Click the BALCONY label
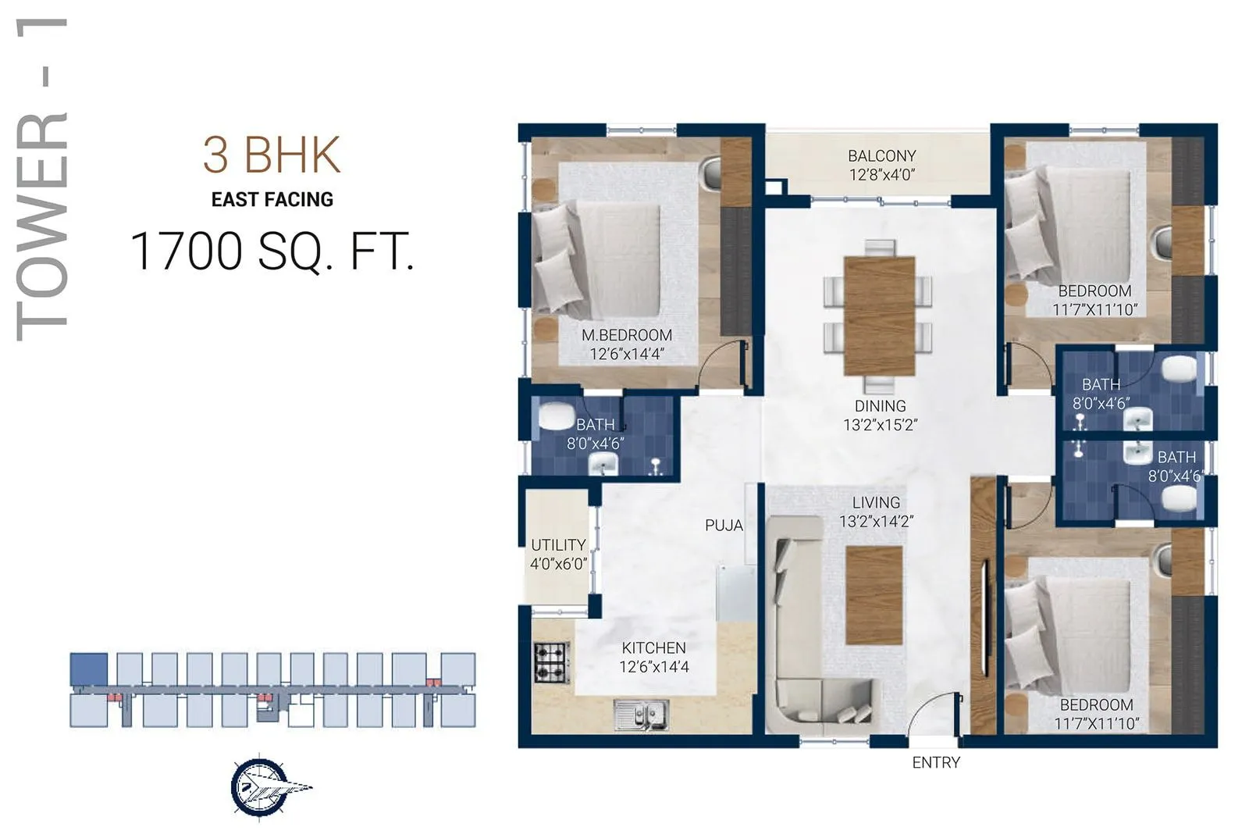tap(881, 155)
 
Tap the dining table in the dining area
tap(879, 316)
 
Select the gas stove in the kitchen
tap(552, 662)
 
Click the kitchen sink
tap(641, 712)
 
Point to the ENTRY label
tap(935, 762)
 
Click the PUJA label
tap(724, 526)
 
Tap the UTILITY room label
tap(557, 545)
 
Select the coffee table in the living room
tap(874, 595)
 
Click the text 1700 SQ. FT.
tap(272, 251)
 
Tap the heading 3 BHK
tap(272, 155)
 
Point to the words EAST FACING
tap(272, 200)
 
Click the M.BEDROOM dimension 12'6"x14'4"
tap(626, 354)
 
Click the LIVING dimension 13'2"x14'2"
tap(876, 521)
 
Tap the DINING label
tap(880, 406)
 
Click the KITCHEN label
tap(653, 647)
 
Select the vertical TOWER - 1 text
tap(43, 180)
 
